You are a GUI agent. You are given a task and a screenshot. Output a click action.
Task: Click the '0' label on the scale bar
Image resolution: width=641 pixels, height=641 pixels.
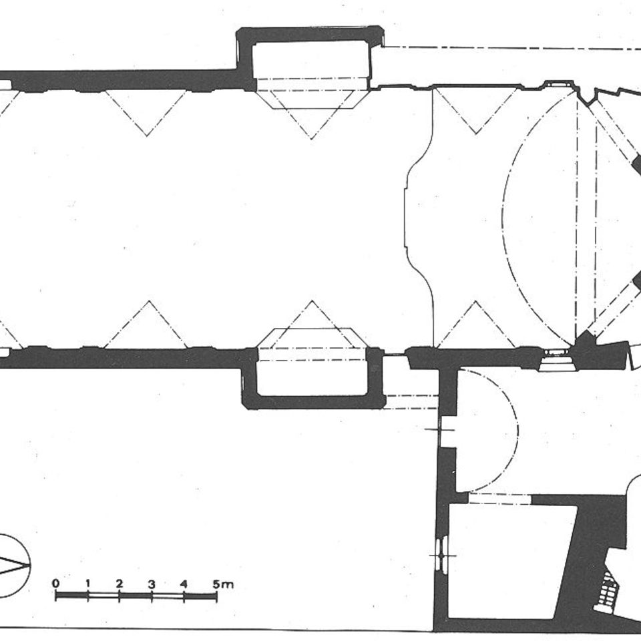56,583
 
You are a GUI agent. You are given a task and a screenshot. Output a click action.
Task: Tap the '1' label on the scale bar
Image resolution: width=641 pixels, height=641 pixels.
88,583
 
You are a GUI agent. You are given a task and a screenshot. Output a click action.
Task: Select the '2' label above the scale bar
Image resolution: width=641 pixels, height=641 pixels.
120,583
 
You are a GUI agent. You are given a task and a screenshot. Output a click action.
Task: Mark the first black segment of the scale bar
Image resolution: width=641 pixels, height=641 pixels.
72,596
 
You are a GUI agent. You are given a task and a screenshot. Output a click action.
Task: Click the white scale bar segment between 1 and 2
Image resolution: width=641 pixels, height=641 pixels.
103,596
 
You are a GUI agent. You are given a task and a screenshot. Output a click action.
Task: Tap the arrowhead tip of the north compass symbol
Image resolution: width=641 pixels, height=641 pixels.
29,566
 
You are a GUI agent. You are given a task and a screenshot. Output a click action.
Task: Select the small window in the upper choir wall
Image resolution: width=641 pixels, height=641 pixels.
556,83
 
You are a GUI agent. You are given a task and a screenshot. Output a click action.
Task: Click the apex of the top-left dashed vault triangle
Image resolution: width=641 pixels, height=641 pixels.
147,136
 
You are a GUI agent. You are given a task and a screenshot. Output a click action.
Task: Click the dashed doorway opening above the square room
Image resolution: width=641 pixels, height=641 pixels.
499,499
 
